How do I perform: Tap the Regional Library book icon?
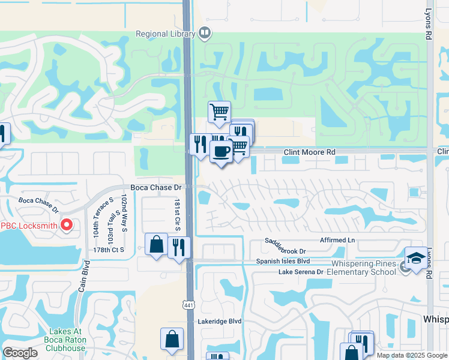(x=205, y=33)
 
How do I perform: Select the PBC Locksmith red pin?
(x=67, y=226)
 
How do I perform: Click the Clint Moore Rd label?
(x=309, y=153)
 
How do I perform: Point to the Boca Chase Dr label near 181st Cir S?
(x=152, y=188)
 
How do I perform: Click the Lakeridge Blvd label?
(x=220, y=322)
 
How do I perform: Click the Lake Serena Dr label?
(x=301, y=272)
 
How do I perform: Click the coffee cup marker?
(x=221, y=152)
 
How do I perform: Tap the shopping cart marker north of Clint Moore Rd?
(x=220, y=112)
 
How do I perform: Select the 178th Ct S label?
(x=109, y=249)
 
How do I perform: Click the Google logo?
(x=20, y=352)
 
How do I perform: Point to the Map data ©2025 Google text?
(x=412, y=355)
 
